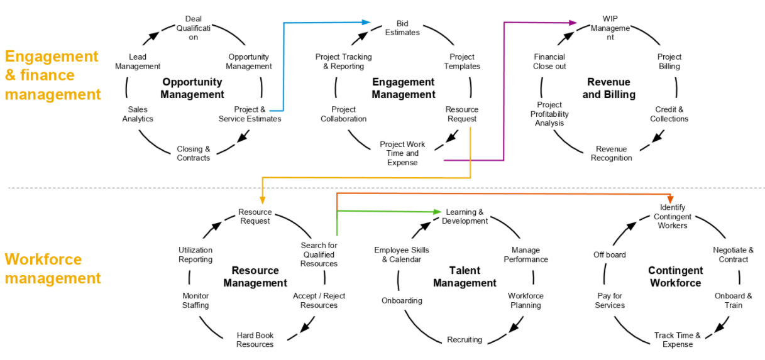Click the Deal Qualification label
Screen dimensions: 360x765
193,28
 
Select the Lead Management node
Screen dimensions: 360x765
138,62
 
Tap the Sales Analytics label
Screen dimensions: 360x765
138,114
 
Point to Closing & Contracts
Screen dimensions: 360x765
194,153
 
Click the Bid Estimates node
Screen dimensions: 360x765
402,28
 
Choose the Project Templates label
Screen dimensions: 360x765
462,62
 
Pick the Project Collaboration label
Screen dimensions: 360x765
343,114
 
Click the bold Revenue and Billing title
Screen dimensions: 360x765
608,88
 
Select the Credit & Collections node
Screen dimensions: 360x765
669,114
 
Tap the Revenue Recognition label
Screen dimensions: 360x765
611,153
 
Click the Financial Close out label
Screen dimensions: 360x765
549,62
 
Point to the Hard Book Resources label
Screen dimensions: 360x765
255,340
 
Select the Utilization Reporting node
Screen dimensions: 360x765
195,254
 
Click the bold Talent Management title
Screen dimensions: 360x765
465,276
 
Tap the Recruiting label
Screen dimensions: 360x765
465,340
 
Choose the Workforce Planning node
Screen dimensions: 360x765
526,300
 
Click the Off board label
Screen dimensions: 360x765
610,254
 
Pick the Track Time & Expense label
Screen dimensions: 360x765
677,340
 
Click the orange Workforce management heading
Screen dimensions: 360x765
53,268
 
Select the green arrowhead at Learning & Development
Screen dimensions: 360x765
438,212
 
